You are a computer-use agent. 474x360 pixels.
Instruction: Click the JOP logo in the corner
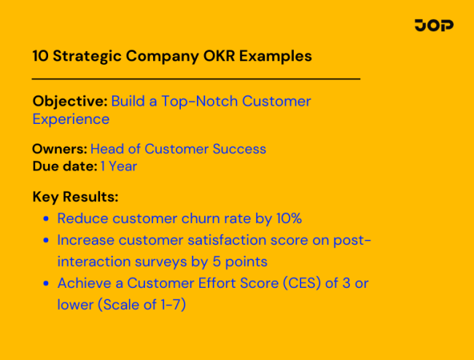click(433, 26)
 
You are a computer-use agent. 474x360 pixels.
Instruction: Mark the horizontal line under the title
click(196, 78)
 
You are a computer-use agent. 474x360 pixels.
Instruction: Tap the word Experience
click(71, 119)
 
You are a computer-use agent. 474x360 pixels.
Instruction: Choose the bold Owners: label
click(59, 149)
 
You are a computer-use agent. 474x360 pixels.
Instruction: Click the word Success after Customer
click(239, 149)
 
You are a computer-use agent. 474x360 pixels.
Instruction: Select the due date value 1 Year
click(119, 166)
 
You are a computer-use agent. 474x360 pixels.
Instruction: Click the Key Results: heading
click(75, 197)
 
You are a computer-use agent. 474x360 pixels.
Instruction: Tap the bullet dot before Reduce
click(46, 219)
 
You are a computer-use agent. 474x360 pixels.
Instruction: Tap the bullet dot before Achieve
click(46, 283)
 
